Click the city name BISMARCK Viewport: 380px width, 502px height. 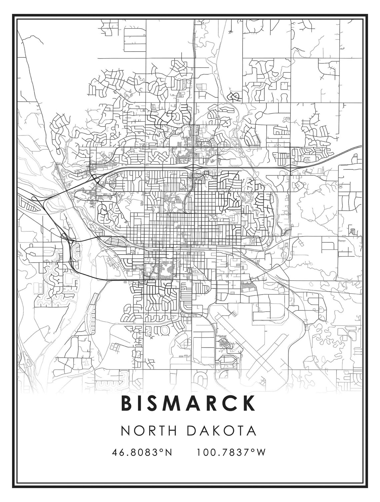click(188, 403)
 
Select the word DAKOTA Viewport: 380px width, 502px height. click(221, 430)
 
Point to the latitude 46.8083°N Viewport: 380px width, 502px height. click(142, 452)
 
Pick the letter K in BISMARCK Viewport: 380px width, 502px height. click(248, 403)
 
